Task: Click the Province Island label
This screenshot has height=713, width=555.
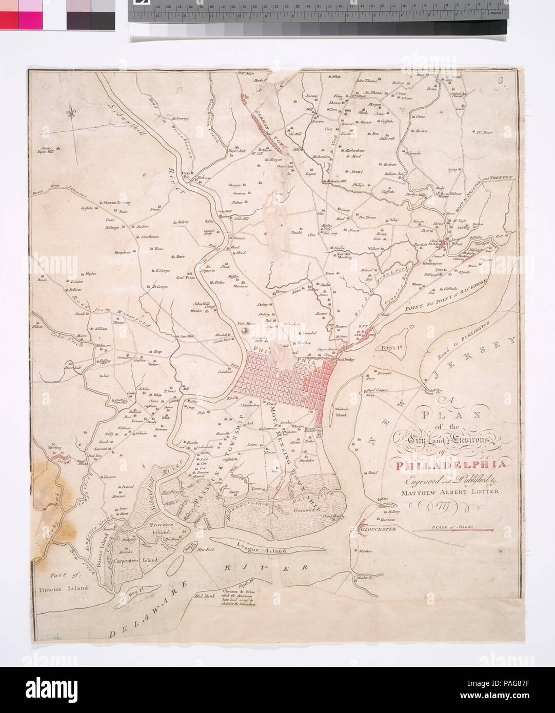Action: tap(163, 529)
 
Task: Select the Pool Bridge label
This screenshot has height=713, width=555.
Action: tap(346, 360)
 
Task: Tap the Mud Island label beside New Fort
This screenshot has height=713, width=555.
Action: tap(191, 546)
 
